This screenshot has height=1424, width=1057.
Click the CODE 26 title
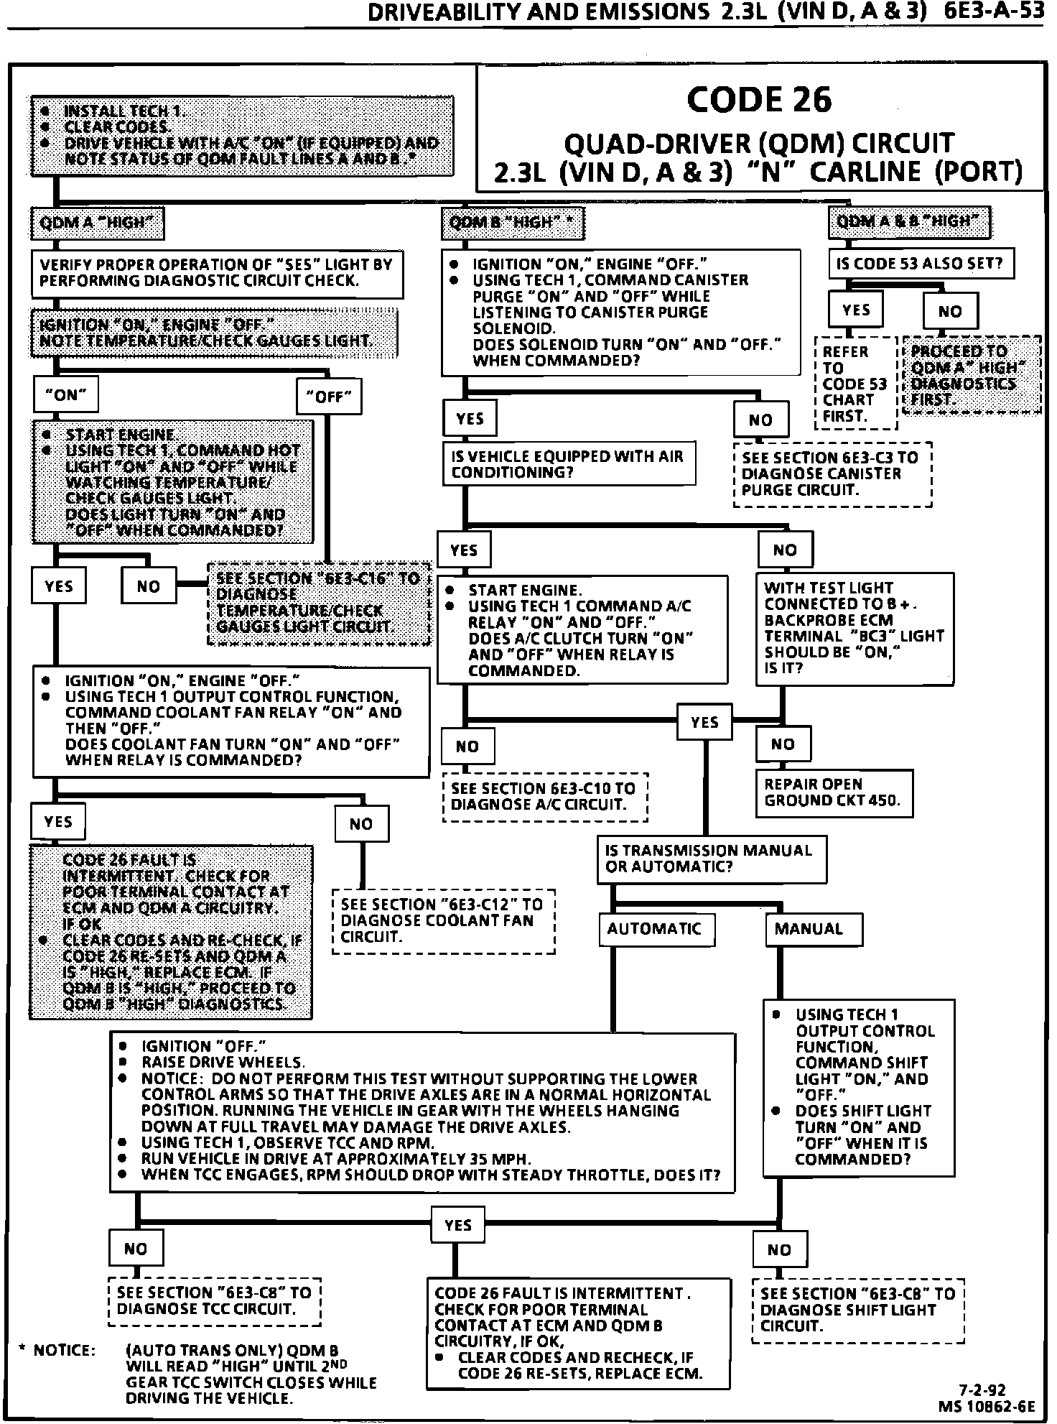759,99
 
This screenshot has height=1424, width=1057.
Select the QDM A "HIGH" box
97,223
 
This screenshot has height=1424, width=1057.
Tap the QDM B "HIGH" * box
513,223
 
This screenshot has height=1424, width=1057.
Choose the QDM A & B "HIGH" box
908,221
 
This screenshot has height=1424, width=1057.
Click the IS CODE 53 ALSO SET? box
921,264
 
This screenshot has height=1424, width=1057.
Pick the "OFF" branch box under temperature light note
329,397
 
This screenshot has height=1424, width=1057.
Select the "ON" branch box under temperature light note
66,395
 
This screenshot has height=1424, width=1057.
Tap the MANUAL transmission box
814,930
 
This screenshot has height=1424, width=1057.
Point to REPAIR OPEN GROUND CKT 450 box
834,793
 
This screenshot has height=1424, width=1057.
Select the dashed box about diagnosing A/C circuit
545,797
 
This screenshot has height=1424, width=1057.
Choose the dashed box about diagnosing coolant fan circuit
443,922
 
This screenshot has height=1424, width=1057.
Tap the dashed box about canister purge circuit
832,474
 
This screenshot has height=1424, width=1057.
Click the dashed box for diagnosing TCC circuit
214,1301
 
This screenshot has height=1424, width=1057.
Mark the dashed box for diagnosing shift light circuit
857,1310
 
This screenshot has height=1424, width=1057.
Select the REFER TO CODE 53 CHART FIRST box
855,384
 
